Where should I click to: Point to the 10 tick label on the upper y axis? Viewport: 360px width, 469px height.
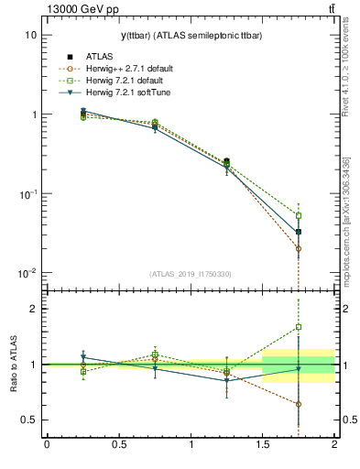[x=30, y=35]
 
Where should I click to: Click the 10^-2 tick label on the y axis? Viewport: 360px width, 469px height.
[x=27, y=274]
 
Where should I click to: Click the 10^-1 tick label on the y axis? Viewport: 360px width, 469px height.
[x=27, y=194]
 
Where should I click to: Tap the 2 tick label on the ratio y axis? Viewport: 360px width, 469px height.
[x=33, y=309]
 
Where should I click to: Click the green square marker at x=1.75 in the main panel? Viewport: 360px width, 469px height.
[x=299, y=215]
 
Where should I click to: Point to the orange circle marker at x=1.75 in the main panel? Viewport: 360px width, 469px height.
[x=299, y=248]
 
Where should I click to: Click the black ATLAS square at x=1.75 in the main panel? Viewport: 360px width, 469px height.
[x=299, y=232]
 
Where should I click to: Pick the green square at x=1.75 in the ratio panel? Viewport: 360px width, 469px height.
[x=299, y=327]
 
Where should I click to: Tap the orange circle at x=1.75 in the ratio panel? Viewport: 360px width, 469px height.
[x=299, y=404]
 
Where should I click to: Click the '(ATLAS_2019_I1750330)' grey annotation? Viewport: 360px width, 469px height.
[x=191, y=273]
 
